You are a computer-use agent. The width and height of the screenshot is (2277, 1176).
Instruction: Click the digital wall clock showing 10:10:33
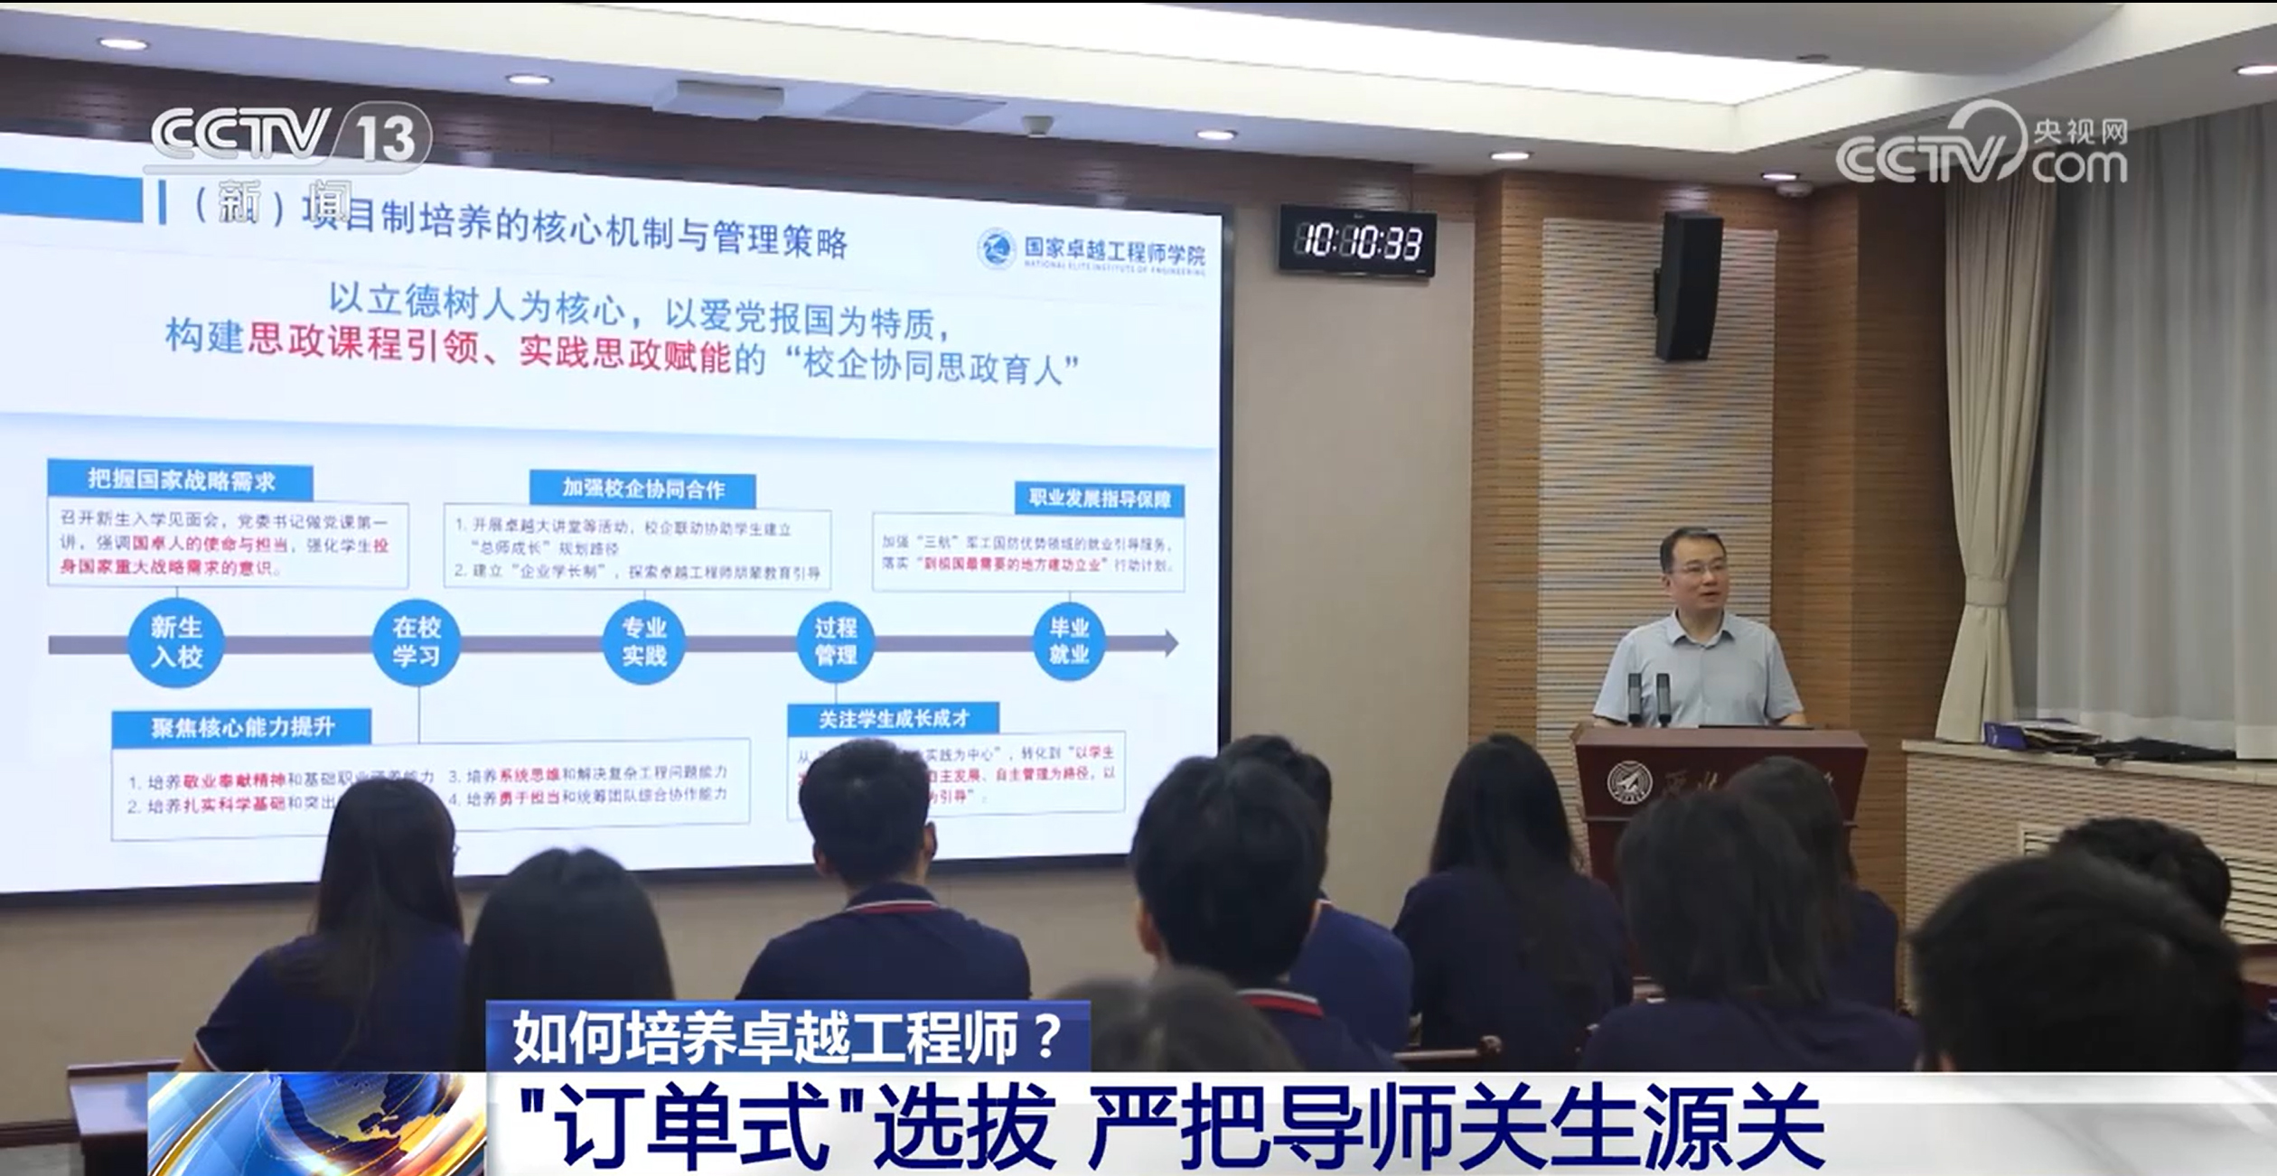(x=1357, y=241)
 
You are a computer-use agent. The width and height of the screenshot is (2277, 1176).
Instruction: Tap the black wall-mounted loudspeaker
(x=1687, y=286)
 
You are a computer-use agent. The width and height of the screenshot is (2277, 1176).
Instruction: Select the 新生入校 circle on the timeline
(x=176, y=641)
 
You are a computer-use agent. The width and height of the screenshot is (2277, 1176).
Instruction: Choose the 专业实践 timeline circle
(x=643, y=641)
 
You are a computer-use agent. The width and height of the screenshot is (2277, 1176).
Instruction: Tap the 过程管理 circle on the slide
(x=835, y=641)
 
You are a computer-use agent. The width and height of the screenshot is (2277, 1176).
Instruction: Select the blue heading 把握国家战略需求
(x=181, y=481)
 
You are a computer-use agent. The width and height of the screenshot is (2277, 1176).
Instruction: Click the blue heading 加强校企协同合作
(x=642, y=489)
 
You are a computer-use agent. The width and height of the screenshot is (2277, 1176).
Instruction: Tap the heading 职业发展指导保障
(x=1099, y=499)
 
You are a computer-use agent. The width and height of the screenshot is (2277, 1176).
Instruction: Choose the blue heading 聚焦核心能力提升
(x=242, y=727)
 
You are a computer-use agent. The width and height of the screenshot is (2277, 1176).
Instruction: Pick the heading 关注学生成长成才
(x=893, y=719)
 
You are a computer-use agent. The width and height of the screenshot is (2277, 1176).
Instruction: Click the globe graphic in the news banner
(x=316, y=1124)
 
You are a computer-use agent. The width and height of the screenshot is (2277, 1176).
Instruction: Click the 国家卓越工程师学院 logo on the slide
(x=1092, y=250)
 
